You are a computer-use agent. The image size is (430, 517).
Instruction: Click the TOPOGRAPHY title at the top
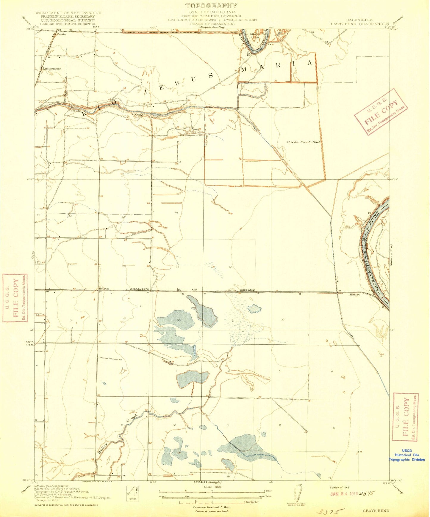[211, 6]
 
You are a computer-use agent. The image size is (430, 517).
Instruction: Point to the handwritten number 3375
[330, 512]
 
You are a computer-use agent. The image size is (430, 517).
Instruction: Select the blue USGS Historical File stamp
[407, 455]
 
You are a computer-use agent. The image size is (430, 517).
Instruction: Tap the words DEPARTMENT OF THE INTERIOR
[68, 13]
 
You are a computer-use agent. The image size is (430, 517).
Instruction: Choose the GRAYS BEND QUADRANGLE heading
[359, 24]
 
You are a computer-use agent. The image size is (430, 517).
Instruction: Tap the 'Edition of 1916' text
[340, 488]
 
